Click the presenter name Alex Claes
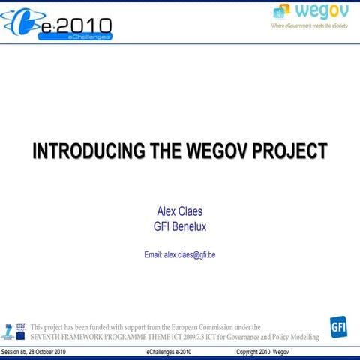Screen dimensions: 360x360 tap(179, 211)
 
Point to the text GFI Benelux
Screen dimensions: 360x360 tap(179, 226)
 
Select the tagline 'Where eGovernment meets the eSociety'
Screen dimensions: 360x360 tap(309, 25)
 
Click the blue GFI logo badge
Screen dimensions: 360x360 tap(338, 327)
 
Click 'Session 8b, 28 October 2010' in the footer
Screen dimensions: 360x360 tap(34, 352)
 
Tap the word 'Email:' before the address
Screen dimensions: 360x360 tap(153, 255)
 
